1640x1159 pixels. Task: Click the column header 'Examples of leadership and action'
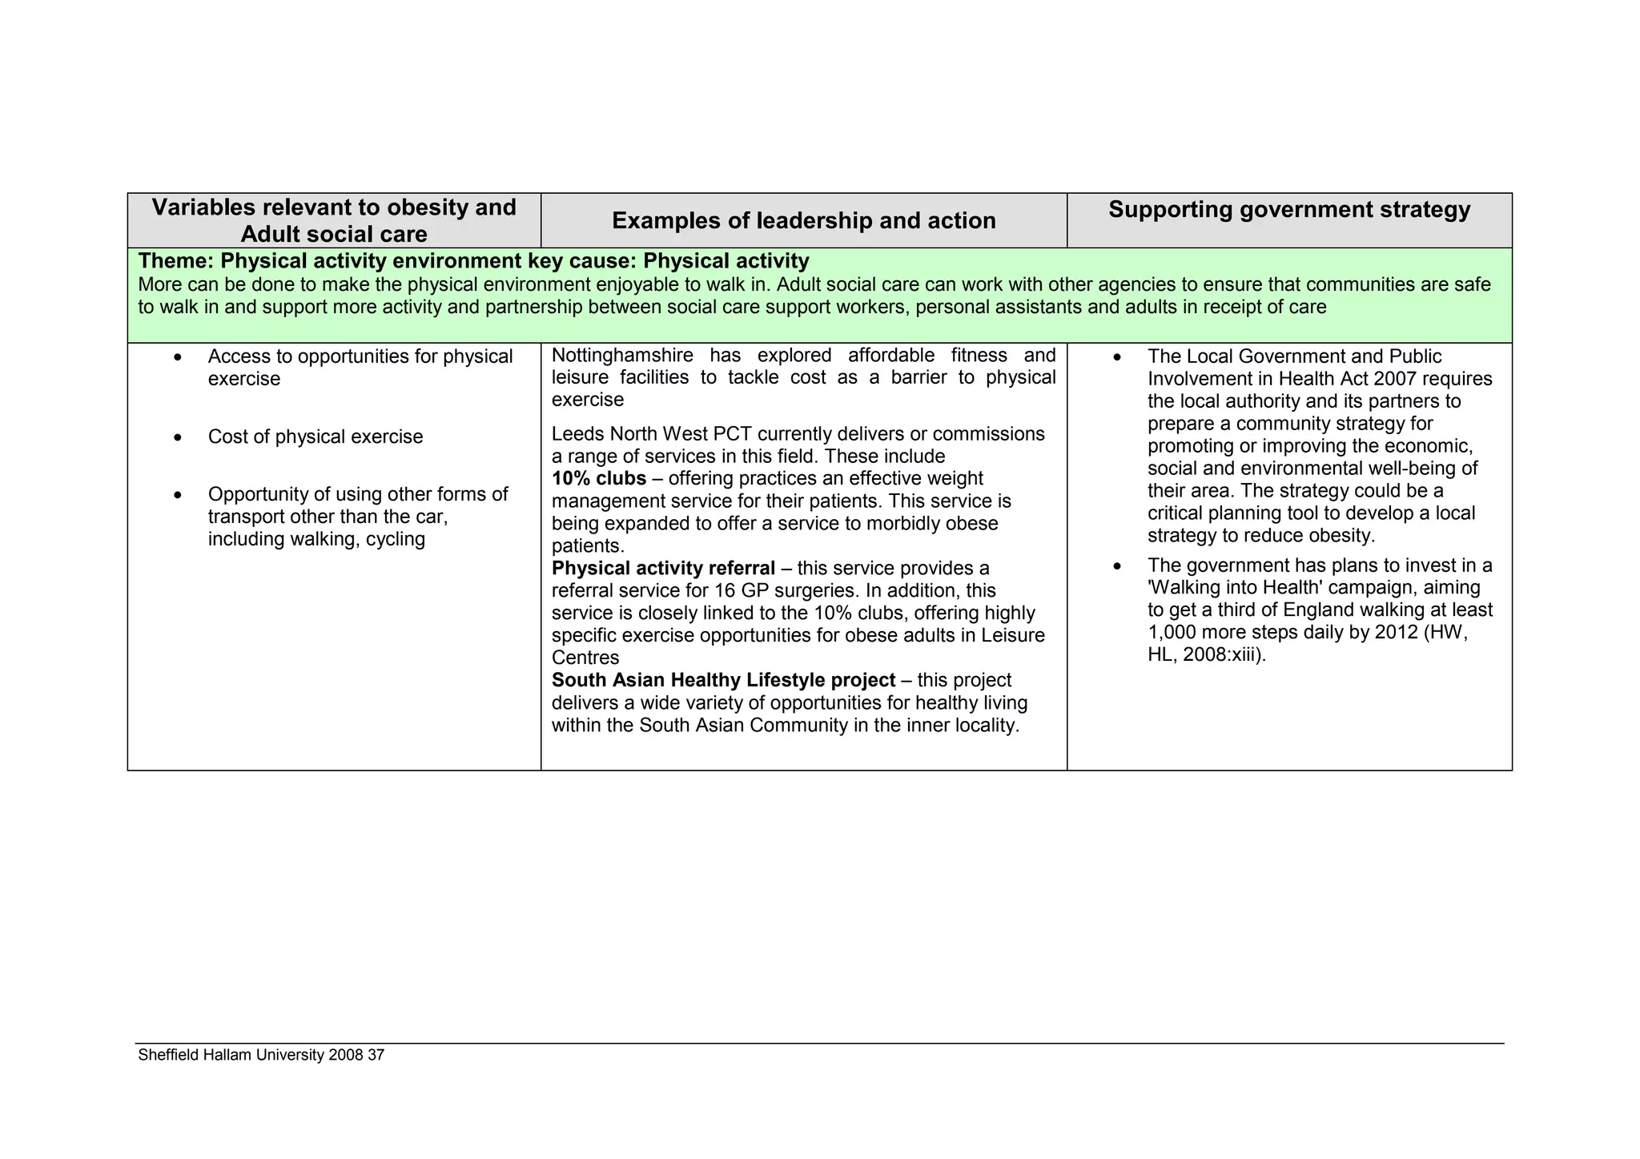[x=803, y=221]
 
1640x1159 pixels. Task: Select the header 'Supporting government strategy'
[x=1289, y=210]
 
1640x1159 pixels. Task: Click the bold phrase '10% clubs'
[x=598, y=478]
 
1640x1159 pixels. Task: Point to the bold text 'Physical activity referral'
[x=663, y=568]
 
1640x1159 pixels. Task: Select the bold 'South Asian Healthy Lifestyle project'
[x=723, y=680]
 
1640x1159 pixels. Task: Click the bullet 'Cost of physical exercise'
[x=316, y=437]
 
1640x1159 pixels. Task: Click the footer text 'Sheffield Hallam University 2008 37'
[x=261, y=1055]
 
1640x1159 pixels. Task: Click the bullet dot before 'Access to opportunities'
[x=178, y=357]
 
